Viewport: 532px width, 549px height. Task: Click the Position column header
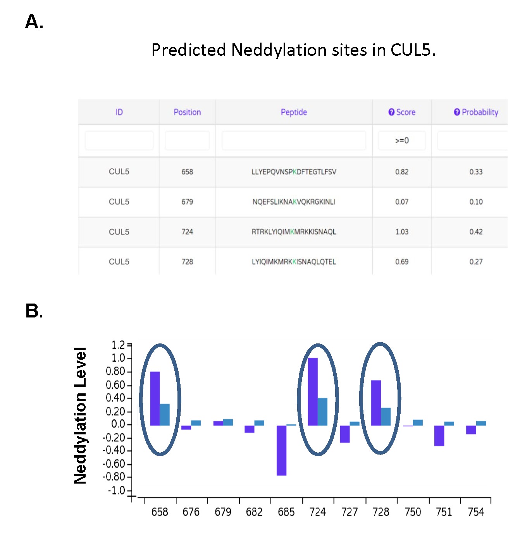tap(187, 112)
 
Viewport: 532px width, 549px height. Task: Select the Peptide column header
tap(294, 112)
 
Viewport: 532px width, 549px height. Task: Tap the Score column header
tap(402, 112)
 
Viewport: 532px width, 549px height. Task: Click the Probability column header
tap(476, 112)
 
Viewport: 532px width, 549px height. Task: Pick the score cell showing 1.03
tap(402, 232)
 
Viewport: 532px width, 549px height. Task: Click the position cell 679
tap(187, 202)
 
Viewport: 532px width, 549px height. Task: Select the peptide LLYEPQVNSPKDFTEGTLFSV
tap(294, 172)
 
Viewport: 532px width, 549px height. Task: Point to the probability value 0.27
tap(476, 262)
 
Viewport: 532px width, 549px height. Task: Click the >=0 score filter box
tap(402, 141)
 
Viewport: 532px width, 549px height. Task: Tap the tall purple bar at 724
tap(313, 391)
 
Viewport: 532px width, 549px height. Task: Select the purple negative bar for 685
tap(281, 450)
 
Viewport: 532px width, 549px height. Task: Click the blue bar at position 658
tap(165, 415)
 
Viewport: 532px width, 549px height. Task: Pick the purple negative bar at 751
tap(439, 436)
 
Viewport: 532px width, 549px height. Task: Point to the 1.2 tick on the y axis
tap(118, 345)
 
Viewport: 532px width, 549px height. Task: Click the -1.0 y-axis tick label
tap(116, 491)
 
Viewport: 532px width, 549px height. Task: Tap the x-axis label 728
tap(380, 512)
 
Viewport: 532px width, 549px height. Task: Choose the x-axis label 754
tap(476, 512)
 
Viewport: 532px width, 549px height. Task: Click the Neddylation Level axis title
tap(80, 415)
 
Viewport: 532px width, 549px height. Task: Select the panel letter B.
tap(33, 311)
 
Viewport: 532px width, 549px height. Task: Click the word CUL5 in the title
tap(412, 50)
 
